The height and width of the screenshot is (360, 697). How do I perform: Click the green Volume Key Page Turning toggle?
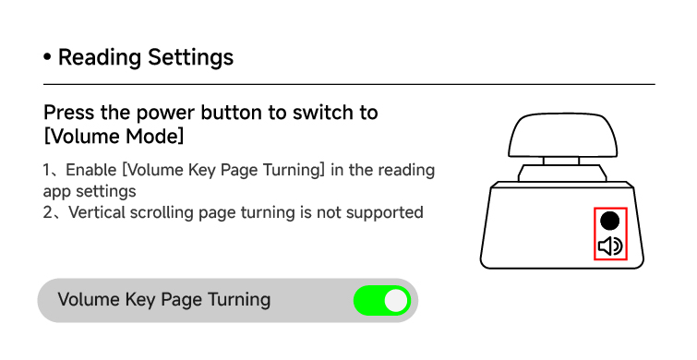(382, 300)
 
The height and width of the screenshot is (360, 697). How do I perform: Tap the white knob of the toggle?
(396, 300)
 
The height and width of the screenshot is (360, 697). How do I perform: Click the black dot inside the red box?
(610, 221)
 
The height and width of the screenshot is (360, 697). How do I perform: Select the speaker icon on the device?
(610, 246)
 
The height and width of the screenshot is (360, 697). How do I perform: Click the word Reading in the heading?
(100, 58)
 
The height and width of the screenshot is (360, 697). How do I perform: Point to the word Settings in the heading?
(191, 57)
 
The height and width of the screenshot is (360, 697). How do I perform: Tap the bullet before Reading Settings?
(47, 57)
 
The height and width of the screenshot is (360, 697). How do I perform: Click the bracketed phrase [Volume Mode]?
(114, 136)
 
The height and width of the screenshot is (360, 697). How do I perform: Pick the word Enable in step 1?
(91, 170)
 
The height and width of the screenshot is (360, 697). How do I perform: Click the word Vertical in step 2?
(97, 212)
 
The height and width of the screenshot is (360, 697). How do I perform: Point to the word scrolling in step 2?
(162, 213)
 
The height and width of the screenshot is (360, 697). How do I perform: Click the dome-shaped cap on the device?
(563, 135)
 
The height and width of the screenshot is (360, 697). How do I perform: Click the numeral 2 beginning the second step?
(48, 212)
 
